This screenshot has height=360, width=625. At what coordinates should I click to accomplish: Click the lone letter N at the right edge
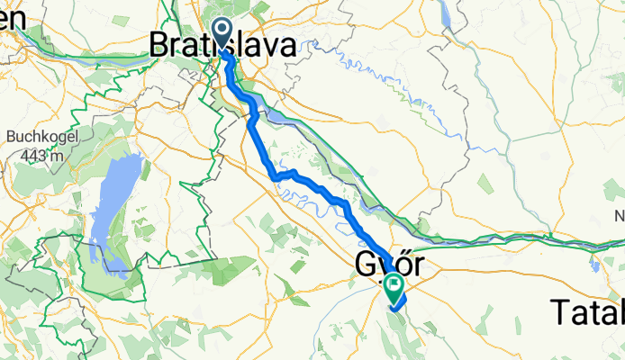[619, 216]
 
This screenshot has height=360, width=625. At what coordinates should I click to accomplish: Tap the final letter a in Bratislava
[285, 46]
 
